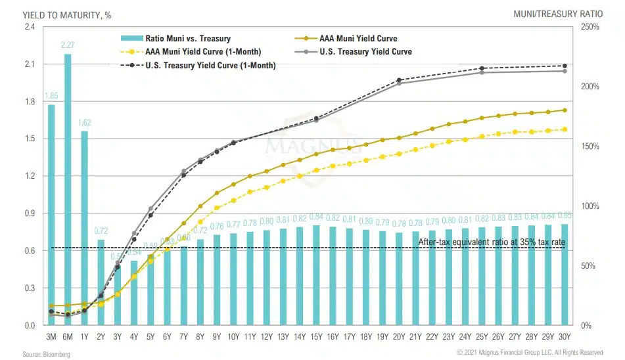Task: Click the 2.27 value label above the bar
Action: [x=68, y=45]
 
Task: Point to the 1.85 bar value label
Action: [x=51, y=96]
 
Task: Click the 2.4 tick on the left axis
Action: [x=31, y=27]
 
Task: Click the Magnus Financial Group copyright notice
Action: [x=530, y=353]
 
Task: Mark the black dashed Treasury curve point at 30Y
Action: [x=565, y=66]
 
